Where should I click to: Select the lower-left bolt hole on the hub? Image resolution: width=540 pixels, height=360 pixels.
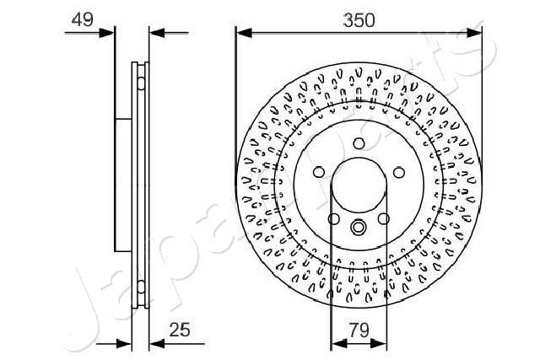coord(334,219)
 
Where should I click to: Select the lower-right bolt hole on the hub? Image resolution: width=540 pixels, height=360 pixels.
coord(383,219)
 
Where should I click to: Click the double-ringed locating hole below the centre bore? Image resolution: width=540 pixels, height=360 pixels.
coord(359,227)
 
